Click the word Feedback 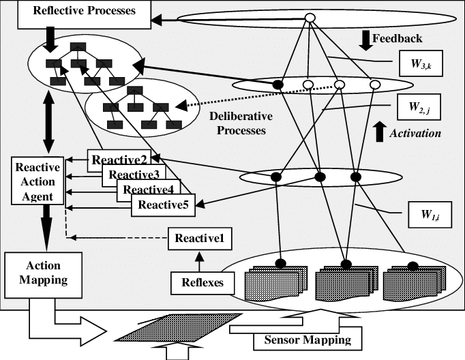click(x=401, y=38)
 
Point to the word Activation click(x=414, y=133)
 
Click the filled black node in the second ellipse click(x=278, y=85)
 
